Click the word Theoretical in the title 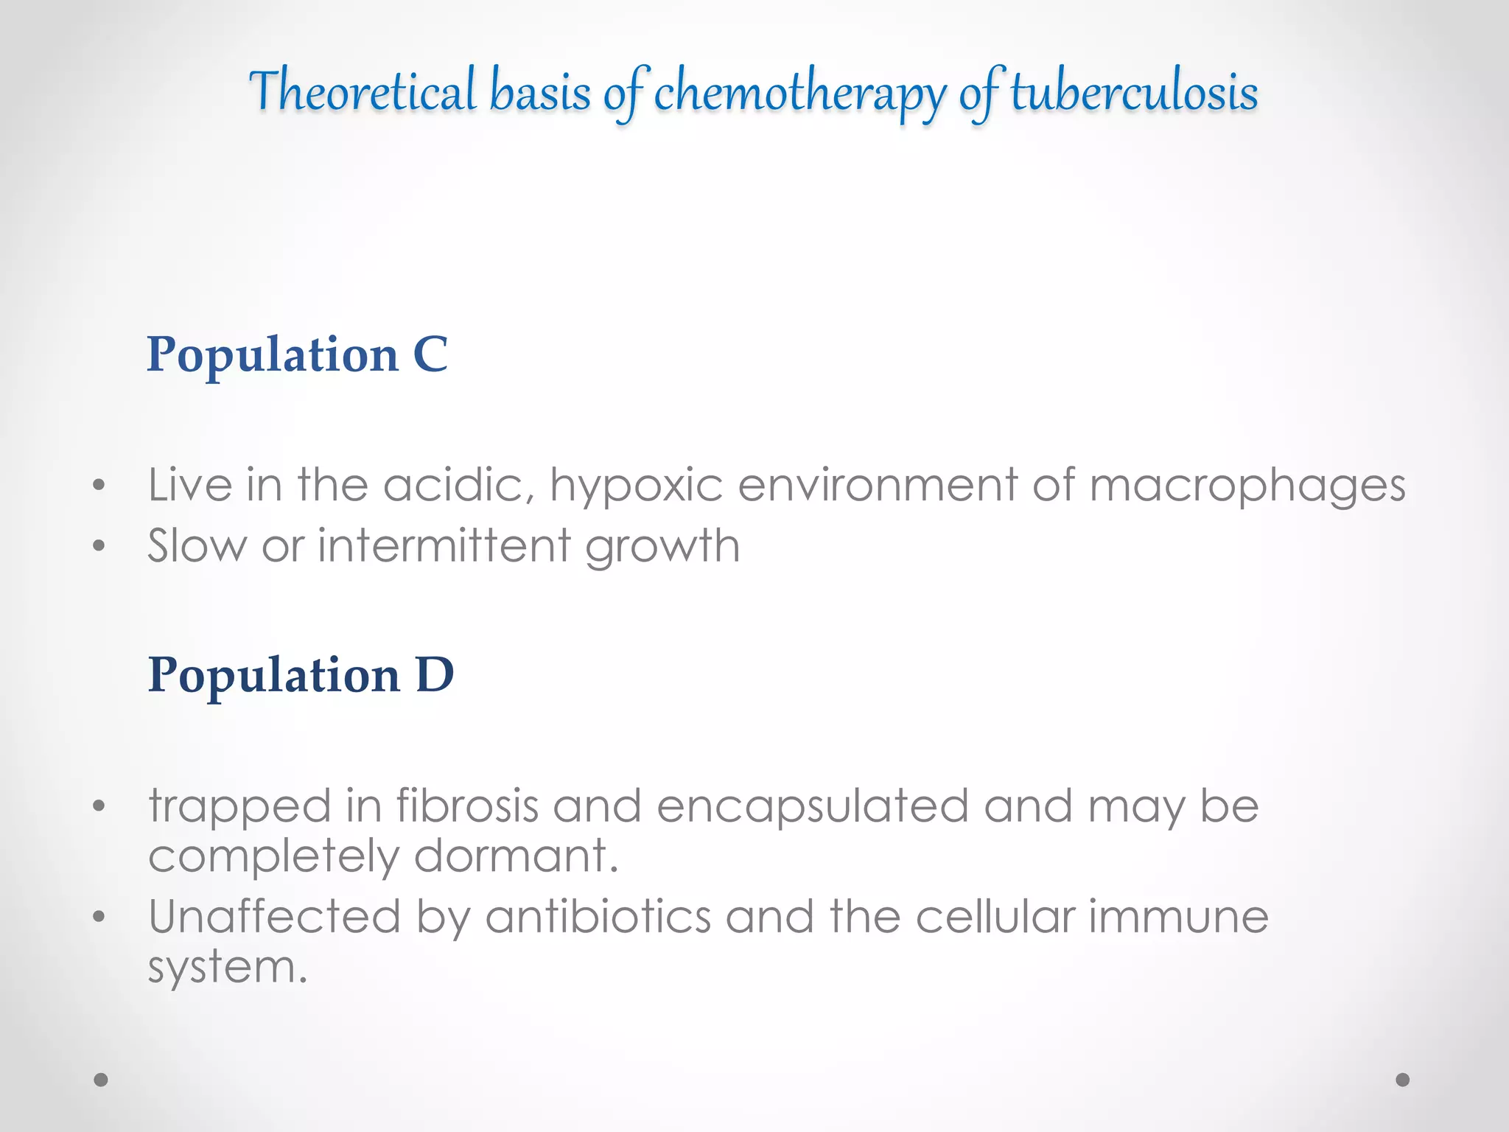[363, 91]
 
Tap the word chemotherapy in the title [799, 94]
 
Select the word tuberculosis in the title [1134, 93]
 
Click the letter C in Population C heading [430, 354]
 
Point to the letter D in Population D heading [435, 674]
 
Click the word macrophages [1247, 486]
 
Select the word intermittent [444, 546]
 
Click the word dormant [516, 856]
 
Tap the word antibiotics [598, 917]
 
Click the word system [227, 968]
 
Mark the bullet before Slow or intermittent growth [99, 547]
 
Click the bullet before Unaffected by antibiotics [99, 918]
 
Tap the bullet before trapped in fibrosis [99, 806]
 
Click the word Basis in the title [540, 93]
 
